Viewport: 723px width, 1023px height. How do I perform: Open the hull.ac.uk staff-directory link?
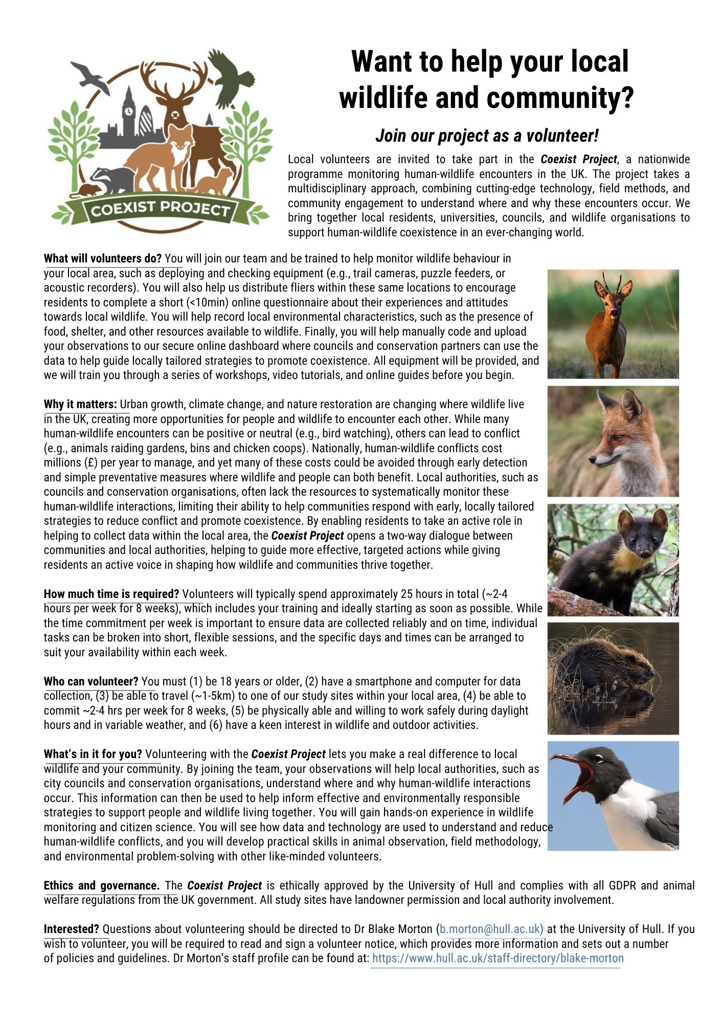[x=498, y=959]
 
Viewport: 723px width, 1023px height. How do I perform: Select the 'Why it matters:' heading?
[x=80, y=405]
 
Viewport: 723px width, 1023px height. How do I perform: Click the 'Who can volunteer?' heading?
[x=91, y=681]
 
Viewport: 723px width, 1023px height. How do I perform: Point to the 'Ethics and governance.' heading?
[x=102, y=885]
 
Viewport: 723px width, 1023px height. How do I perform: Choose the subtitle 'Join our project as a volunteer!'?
[x=487, y=136]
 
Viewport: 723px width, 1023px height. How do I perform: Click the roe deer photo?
[x=613, y=324]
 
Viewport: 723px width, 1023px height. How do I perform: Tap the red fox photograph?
[x=613, y=441]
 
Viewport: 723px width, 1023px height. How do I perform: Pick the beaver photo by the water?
[x=613, y=678]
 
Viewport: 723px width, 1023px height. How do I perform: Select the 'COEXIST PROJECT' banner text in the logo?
[x=160, y=209]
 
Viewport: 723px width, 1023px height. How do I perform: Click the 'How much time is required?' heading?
[x=111, y=594]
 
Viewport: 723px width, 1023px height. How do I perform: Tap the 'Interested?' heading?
[x=72, y=929]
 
